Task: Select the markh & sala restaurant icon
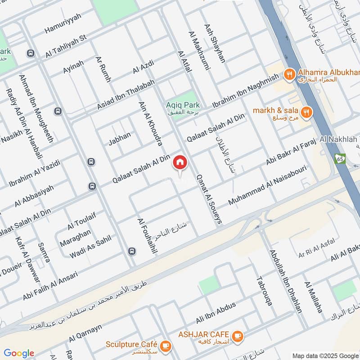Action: pyautogui.click(x=306, y=112)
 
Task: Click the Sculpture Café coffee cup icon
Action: pyautogui.click(x=166, y=345)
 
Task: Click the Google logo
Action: pyautogui.click(x=19, y=353)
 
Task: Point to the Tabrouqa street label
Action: pyautogui.click(x=264, y=291)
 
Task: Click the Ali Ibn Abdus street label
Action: pyautogui.click(x=216, y=313)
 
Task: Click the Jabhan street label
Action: pyautogui.click(x=119, y=138)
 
